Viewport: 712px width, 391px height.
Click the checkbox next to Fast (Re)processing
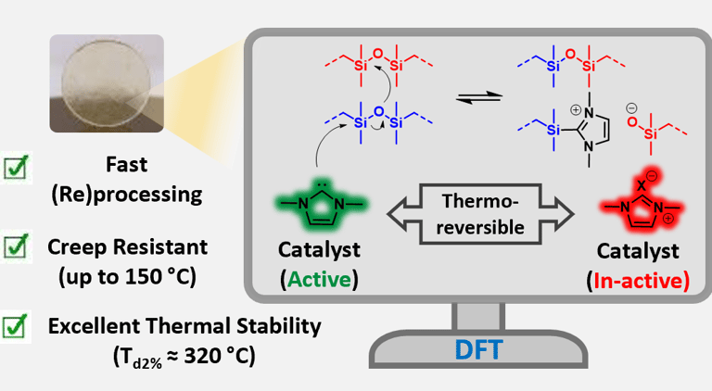coord(15,168)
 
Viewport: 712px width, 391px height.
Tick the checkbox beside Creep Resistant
coord(15,247)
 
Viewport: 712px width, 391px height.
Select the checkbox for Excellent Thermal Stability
coord(15,327)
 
